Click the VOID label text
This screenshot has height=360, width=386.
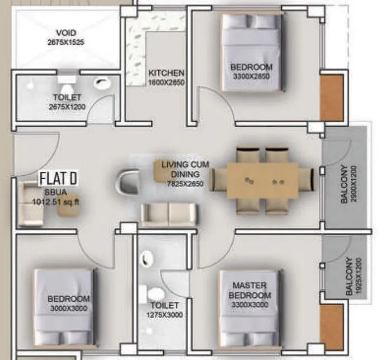pyautogui.click(x=66, y=33)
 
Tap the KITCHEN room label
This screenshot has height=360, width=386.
pyautogui.click(x=166, y=73)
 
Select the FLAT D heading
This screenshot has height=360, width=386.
pyautogui.click(x=58, y=179)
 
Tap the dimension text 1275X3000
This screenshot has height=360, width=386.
pyautogui.click(x=164, y=314)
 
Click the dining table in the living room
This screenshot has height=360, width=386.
pyautogui.click(x=263, y=181)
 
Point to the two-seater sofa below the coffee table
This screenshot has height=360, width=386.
pyautogui.click(x=169, y=214)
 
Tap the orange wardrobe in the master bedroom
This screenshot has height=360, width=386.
pyautogui.click(x=331, y=325)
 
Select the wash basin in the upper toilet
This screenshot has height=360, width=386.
pyautogui.click(x=101, y=85)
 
